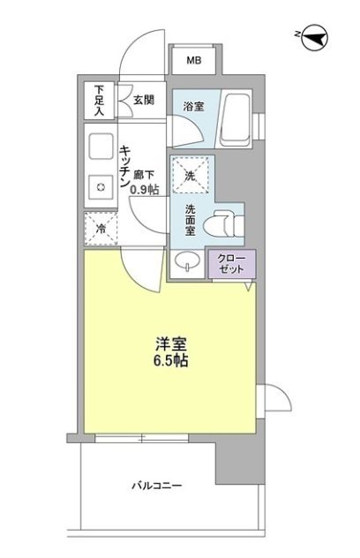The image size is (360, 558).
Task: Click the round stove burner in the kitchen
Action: (101, 186)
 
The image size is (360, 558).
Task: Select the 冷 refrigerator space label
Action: (101, 229)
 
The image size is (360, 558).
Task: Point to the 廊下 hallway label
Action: (143, 176)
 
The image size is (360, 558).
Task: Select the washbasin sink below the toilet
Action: (187, 261)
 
